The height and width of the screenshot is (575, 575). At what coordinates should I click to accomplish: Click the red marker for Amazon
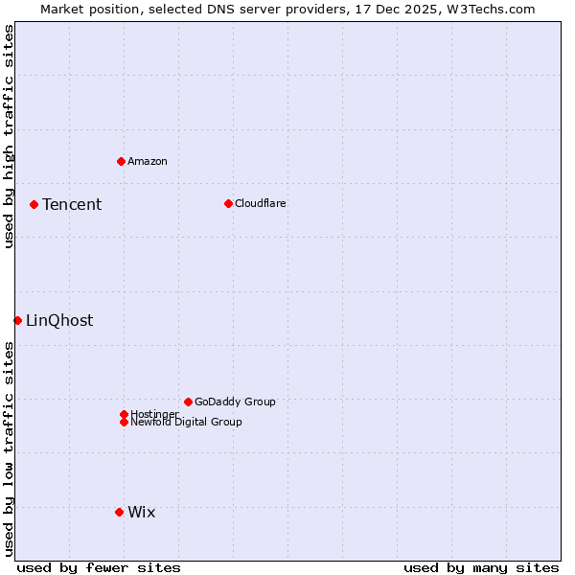coord(121,161)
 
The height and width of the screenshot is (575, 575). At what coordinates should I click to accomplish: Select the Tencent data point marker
coord(34,204)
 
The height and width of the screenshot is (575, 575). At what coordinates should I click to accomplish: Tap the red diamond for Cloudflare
coord(228,203)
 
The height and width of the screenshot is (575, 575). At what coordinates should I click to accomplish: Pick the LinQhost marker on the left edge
coord(17,320)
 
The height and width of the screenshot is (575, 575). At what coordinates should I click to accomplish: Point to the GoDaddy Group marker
coord(188,402)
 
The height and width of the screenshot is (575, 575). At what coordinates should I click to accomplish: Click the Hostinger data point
coord(124,414)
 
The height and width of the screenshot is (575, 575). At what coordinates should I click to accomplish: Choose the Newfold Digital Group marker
coord(124,422)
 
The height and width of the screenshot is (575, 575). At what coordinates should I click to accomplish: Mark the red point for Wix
coord(119,512)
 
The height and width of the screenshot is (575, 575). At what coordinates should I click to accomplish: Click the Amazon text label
coord(148,161)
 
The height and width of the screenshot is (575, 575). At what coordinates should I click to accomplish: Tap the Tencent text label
coord(72,204)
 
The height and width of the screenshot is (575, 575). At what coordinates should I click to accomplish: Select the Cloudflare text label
coord(261,203)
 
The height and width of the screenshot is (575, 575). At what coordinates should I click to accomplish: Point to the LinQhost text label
coord(59,320)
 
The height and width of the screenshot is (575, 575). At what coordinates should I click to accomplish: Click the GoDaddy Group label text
coord(235,402)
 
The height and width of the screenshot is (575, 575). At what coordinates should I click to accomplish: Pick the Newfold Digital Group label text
coord(187,422)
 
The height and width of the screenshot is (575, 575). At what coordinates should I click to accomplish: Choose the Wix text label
coord(142,512)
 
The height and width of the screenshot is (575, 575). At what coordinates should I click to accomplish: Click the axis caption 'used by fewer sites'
coord(99,567)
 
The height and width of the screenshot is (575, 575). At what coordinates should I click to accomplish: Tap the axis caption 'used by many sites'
coord(481,567)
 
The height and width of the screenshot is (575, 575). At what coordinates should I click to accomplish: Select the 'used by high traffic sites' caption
coord(9,136)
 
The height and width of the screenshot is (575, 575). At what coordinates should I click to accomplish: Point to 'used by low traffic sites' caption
coord(9,448)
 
